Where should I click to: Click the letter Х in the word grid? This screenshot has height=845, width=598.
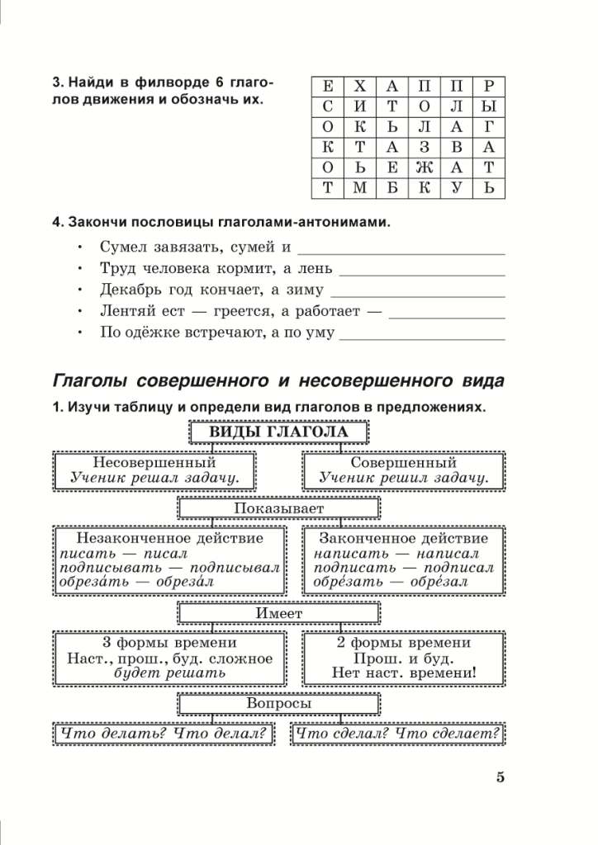(359, 87)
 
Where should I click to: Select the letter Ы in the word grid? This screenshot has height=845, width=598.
(489, 107)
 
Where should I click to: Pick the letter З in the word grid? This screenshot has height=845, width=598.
(424, 148)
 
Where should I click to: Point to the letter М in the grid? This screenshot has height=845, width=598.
(359, 189)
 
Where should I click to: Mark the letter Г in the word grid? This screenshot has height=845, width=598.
(489, 128)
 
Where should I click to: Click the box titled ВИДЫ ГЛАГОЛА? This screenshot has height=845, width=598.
(278, 432)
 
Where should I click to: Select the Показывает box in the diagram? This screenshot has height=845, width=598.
(278, 508)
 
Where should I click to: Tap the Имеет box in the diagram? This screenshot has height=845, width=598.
(278, 613)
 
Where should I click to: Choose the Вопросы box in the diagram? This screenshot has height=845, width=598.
(278, 704)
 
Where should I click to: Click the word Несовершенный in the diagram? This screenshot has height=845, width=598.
(154, 463)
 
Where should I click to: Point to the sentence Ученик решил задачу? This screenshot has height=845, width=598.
(403, 479)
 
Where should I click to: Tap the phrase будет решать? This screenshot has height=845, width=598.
(169, 673)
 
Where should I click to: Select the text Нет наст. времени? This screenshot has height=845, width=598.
(403, 673)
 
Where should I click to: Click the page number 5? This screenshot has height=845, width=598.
(500, 777)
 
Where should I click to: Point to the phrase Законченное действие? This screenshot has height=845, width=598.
(403, 539)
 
